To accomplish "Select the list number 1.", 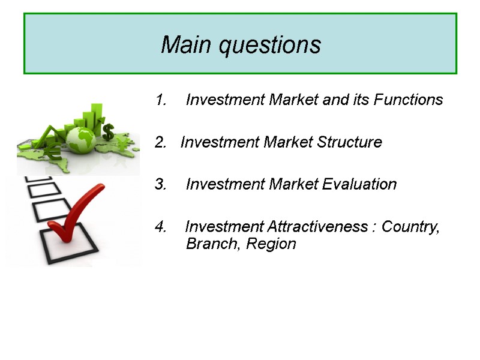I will coord(160,100).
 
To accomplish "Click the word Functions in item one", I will coord(408,100).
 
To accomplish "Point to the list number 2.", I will coord(160,143).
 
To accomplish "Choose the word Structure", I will coord(349,143).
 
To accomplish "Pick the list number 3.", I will coord(160,185).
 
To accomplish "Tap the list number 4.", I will coord(160,227).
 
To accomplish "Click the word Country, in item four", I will coord(410,227).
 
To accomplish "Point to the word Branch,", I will coord(209,244).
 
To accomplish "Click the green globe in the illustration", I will coord(81,140).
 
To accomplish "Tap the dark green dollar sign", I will coord(108,131).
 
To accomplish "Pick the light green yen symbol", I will coord(124,144).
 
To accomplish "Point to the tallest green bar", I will coord(95,116).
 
